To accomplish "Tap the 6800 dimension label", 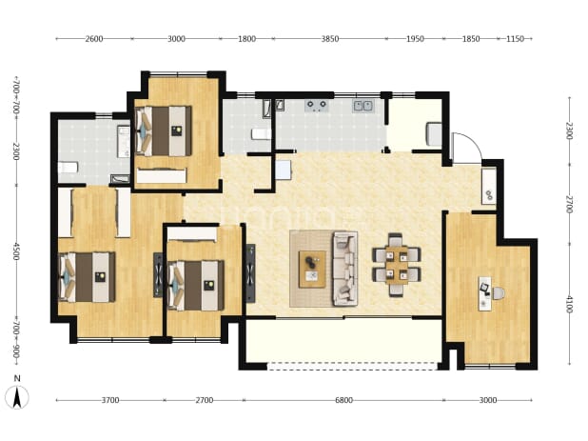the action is click(x=343, y=400).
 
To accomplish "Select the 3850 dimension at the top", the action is click(x=330, y=39).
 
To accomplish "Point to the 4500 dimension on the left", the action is click(x=16, y=251).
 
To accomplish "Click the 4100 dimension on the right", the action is click(x=570, y=305).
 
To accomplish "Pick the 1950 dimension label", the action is click(x=415, y=39).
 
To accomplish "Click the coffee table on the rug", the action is click(x=312, y=270).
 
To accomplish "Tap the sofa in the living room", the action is click(x=345, y=269).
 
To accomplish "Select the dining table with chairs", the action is click(x=397, y=265).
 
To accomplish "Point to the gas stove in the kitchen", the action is click(x=317, y=106).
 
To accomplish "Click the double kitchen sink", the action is click(x=363, y=106).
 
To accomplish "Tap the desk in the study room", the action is click(x=485, y=293).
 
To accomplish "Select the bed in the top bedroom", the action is click(x=163, y=130).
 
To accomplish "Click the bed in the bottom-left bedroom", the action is click(x=87, y=277).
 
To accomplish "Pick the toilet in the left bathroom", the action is click(x=68, y=168).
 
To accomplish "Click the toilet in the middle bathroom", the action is click(x=261, y=134).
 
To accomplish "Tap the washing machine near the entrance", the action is click(x=489, y=186).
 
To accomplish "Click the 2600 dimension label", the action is click(x=94, y=39).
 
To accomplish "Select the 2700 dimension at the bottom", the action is click(x=205, y=400).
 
